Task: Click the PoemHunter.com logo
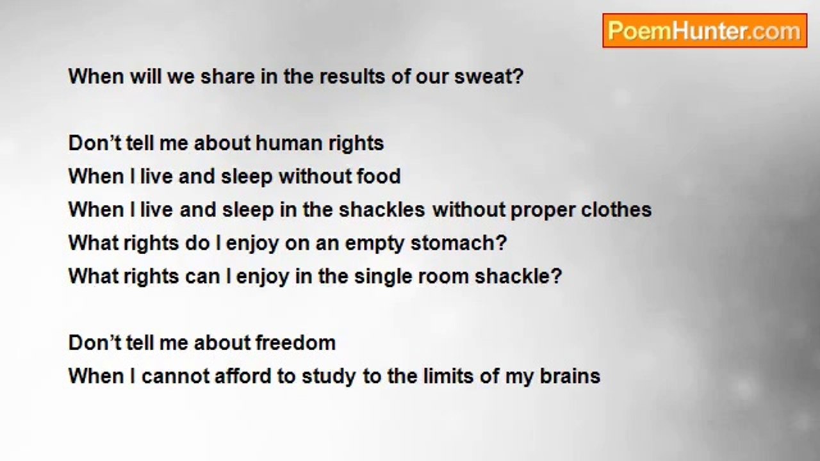(705, 31)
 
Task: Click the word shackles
(382, 209)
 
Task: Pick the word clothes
(616, 209)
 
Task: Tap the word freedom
(295, 343)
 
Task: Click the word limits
(448, 376)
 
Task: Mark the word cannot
(176, 376)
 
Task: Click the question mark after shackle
(557, 276)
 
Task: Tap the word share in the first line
(227, 77)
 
